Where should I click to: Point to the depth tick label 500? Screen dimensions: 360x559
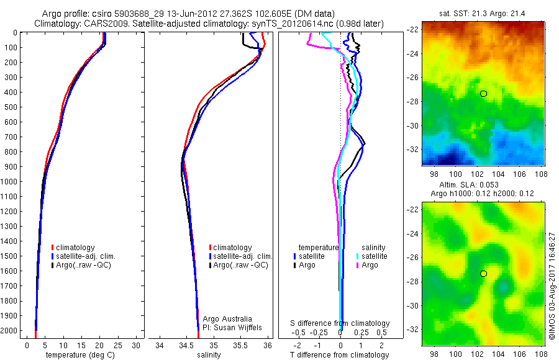point(11,107)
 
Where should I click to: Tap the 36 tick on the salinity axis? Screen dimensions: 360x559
point(268,344)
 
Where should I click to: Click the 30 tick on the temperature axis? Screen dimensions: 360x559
point(137,344)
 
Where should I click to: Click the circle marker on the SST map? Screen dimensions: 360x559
point(483,94)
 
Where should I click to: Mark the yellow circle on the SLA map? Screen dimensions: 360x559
point(483,274)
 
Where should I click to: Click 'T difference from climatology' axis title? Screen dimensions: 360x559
point(340,355)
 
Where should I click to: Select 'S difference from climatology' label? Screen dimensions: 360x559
point(340,323)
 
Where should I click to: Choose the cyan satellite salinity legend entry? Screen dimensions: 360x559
point(373,256)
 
